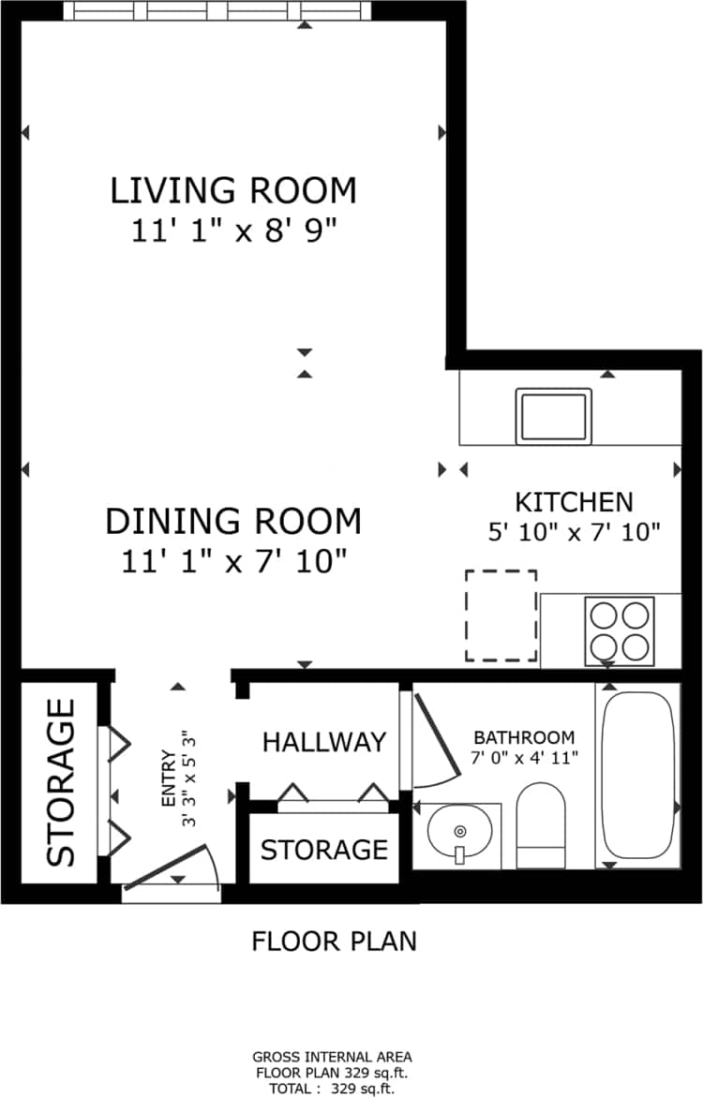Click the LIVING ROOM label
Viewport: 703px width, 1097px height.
click(x=233, y=190)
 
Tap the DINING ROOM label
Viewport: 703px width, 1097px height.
click(x=233, y=521)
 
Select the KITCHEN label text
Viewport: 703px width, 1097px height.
click(x=575, y=501)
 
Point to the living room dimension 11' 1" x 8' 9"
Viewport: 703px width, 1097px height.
click(x=233, y=230)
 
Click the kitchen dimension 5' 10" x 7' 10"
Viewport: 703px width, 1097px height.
click(x=575, y=532)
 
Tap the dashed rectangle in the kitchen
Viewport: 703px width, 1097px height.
click(x=501, y=615)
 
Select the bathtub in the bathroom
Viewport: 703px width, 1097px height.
click(x=638, y=774)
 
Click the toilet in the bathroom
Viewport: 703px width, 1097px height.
click(x=541, y=824)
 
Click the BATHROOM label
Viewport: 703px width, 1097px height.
click(x=523, y=737)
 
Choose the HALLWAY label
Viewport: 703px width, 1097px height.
click(x=323, y=742)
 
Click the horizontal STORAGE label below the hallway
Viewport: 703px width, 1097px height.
click(x=323, y=850)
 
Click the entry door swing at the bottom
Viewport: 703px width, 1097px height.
click(x=173, y=867)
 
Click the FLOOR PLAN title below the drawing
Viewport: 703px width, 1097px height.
click(x=334, y=941)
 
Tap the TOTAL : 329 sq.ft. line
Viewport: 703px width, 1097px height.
click(x=333, y=1089)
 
